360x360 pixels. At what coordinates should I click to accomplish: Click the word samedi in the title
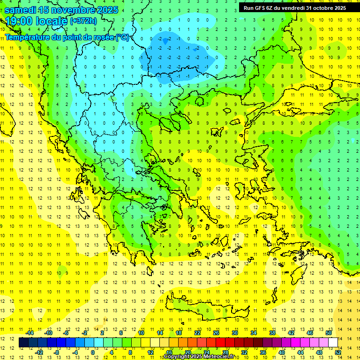pos(21,9)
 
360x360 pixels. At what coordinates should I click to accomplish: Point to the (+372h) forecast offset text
pos(83,21)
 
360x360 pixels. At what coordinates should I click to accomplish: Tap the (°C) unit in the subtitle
pos(122,37)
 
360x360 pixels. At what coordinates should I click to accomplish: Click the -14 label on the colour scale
pos(30,333)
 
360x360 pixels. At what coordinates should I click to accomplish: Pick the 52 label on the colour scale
pos(338,352)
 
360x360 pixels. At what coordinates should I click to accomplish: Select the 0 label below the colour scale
pos(92,352)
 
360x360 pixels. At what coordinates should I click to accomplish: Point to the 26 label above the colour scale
pos(216,333)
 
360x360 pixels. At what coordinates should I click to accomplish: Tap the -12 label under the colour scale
pos(39,352)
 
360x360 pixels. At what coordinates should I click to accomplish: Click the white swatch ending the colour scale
pos(333,343)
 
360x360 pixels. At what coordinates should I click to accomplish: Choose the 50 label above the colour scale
pos(328,333)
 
